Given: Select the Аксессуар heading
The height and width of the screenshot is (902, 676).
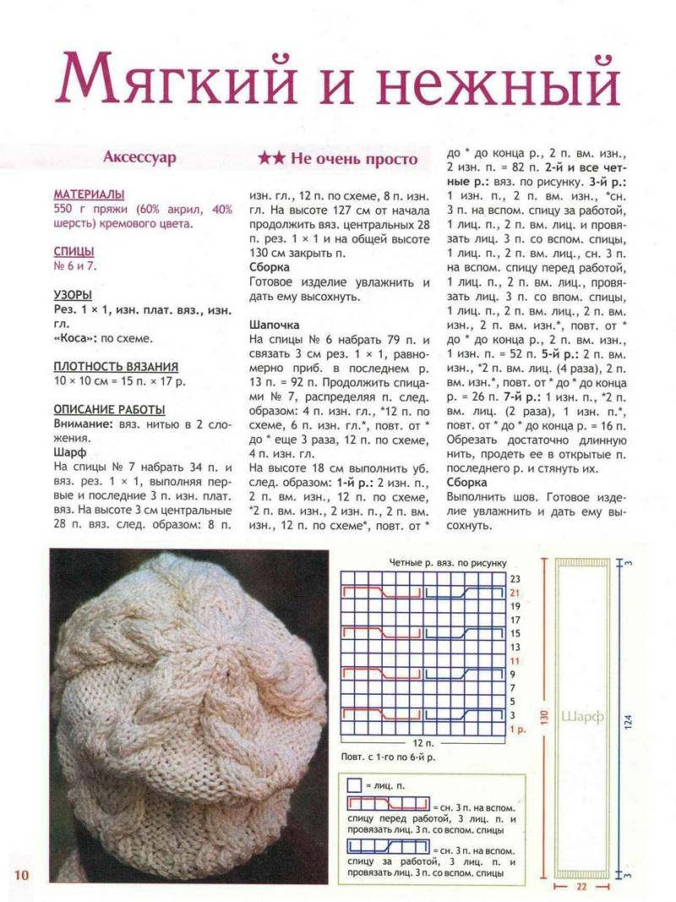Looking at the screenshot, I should pyautogui.click(x=139, y=157).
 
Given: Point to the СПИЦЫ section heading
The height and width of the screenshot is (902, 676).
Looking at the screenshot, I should pyautogui.click(x=74, y=252).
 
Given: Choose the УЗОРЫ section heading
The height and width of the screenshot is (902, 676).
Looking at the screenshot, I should pyautogui.click(x=73, y=296).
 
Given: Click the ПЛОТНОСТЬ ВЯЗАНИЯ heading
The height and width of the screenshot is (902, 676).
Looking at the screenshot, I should pyautogui.click(x=116, y=366).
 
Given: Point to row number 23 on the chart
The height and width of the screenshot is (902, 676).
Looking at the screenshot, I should pyautogui.click(x=514, y=578).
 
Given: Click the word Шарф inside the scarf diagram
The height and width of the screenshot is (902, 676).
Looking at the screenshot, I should pyautogui.click(x=583, y=717).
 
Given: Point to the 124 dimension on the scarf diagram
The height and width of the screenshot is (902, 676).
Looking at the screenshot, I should pyautogui.click(x=635, y=717).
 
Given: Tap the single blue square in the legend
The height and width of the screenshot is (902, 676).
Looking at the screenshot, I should pyautogui.click(x=355, y=785).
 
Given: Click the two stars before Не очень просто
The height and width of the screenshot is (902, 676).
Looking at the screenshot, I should pyautogui.click(x=271, y=158).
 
